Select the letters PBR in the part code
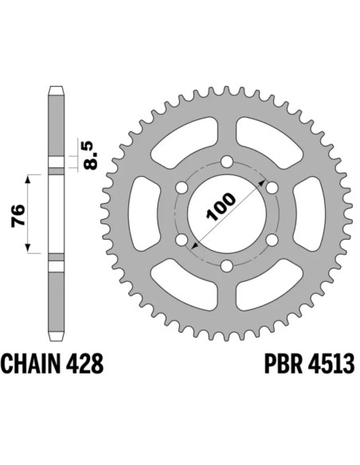tap(278, 365)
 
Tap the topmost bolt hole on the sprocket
tap(227, 162)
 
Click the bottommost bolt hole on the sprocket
tap(227, 266)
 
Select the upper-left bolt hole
tap(182, 189)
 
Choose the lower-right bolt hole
tap(272, 240)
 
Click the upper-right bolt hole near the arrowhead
tap(272, 188)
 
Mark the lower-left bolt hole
tap(182, 240)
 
